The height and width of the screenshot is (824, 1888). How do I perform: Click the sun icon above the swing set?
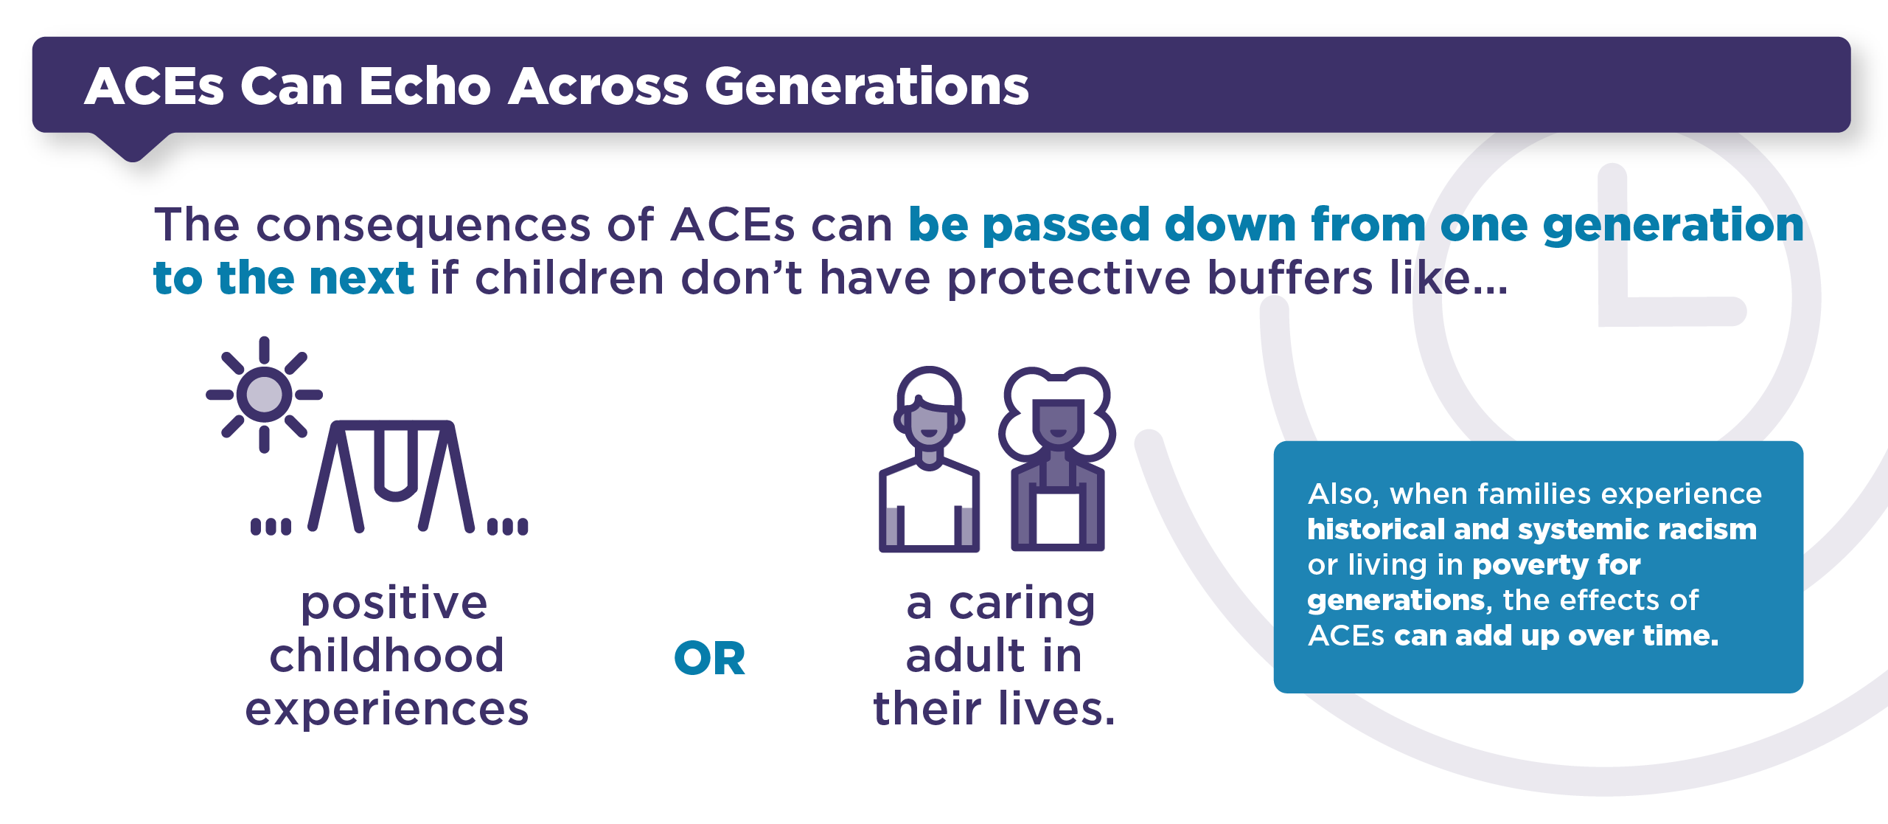pyautogui.click(x=264, y=394)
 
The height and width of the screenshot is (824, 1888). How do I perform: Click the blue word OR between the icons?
pyautogui.click(x=709, y=658)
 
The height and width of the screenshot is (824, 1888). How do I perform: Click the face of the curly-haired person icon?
pyautogui.click(x=1058, y=424)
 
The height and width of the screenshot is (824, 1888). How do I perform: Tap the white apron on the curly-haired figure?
pyautogui.click(x=1058, y=516)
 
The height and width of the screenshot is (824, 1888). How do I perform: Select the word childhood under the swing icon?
pyautogui.click(x=386, y=655)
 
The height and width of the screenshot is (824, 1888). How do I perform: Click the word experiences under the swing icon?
pyautogui.click(x=386, y=710)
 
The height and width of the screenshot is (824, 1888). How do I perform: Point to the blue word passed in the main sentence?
pyautogui.click(x=1066, y=224)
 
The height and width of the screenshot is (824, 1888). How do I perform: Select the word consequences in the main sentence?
pyautogui.click(x=423, y=226)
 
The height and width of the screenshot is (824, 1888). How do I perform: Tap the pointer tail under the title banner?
pyautogui.click(x=133, y=146)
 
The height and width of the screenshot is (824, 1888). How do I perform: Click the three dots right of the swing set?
pyautogui.click(x=507, y=526)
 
